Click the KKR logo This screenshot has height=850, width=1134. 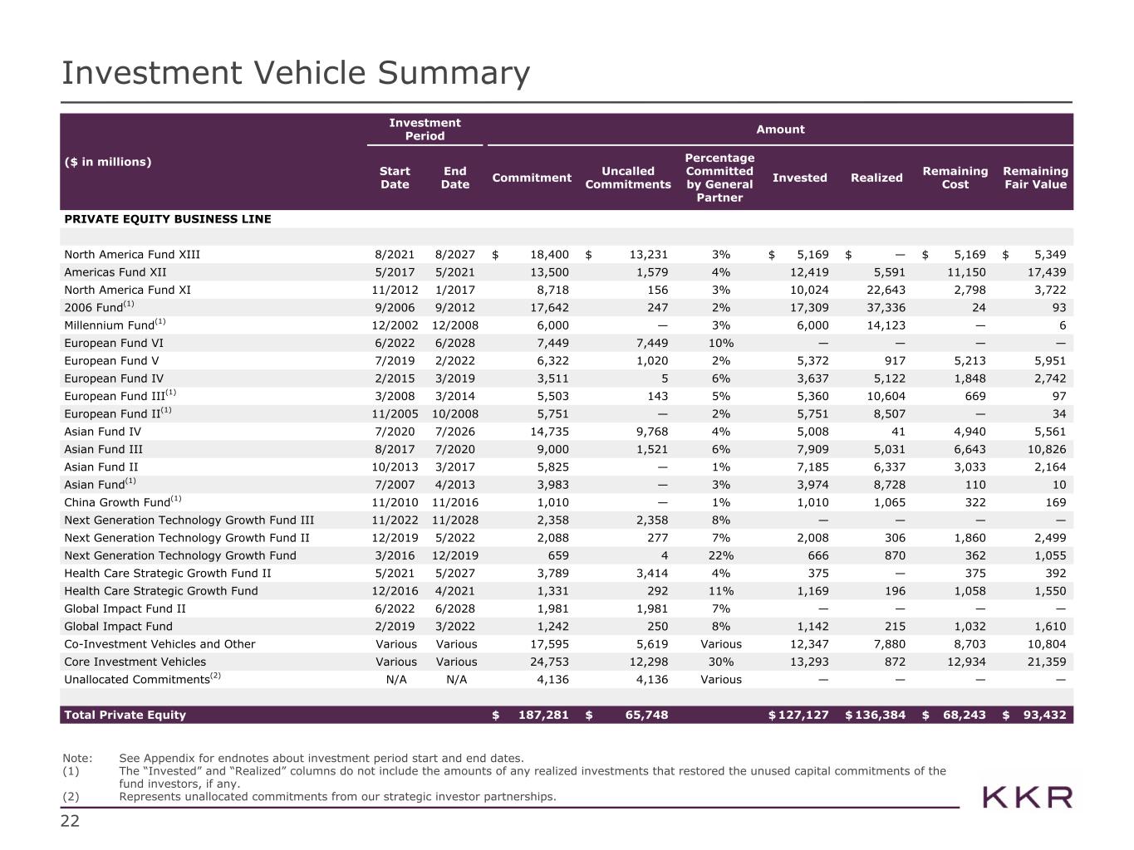(1028, 798)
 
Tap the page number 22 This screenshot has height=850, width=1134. (71, 822)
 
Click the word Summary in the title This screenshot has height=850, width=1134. (453, 73)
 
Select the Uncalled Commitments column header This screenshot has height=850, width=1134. (627, 178)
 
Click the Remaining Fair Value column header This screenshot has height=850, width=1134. (1034, 178)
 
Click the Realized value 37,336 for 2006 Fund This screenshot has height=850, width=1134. (884, 308)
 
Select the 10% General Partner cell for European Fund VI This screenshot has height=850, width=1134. (720, 344)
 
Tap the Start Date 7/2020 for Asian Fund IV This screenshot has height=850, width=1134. (395, 432)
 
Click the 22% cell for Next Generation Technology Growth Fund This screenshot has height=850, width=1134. (720, 555)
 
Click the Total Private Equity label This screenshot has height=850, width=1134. (125, 715)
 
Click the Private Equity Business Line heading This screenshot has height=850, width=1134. (167, 219)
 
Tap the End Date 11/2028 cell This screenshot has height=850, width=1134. (455, 520)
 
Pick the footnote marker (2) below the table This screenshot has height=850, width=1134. (71, 797)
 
